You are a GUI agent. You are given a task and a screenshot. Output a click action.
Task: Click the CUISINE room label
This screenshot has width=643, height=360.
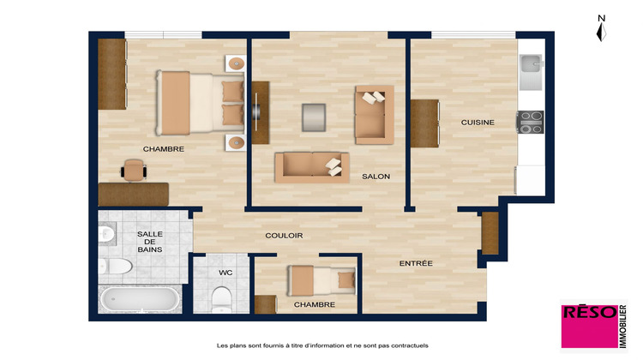click(x=478, y=123)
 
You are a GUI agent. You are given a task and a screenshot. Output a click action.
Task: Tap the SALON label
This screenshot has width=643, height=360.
click(x=376, y=177)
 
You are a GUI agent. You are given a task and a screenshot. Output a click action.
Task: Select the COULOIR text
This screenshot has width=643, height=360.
click(x=284, y=236)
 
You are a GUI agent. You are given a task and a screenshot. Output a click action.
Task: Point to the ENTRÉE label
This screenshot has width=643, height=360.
click(x=416, y=263)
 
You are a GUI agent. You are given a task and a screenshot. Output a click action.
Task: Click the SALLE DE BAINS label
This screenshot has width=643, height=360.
click(x=150, y=242)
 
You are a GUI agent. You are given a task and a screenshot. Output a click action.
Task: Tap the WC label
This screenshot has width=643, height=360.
click(x=225, y=273)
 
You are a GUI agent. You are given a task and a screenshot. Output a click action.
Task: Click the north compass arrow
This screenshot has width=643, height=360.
click(x=602, y=29)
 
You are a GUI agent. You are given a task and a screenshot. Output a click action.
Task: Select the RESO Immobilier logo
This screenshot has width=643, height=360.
click(x=593, y=327)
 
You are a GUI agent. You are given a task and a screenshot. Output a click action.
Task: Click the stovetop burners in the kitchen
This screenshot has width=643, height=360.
click(x=530, y=119)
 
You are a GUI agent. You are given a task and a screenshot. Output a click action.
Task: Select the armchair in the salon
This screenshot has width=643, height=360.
click(x=374, y=114)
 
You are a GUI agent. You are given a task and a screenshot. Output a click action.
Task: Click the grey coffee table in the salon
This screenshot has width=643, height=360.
click(x=314, y=117)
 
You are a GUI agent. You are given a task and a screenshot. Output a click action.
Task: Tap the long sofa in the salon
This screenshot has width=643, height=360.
click(x=311, y=166)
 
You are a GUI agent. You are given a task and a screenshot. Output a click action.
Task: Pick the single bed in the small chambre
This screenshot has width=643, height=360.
click(x=321, y=279)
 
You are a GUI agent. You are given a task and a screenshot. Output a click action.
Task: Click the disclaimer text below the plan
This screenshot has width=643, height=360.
click(x=321, y=345)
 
